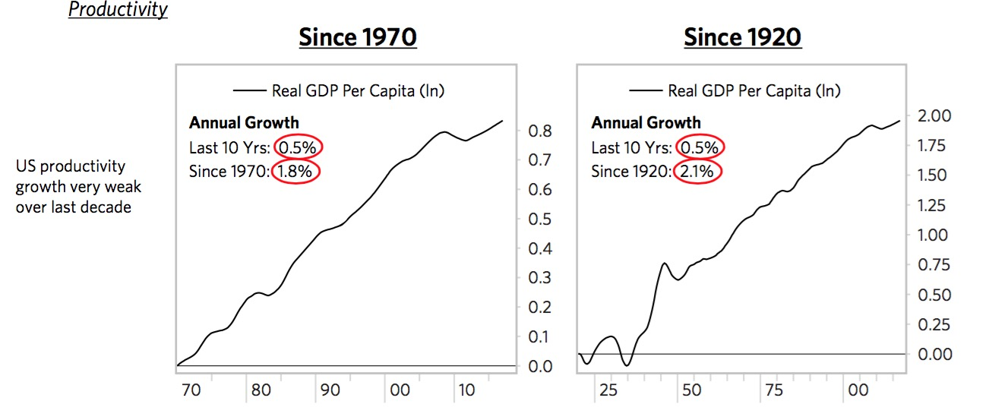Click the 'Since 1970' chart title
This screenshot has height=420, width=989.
click(x=358, y=37)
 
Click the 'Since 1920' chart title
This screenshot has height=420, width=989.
click(x=742, y=37)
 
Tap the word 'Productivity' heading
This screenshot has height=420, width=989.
click(x=118, y=10)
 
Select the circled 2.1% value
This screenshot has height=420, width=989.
click(x=697, y=172)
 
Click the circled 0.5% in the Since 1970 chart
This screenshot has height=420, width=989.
click(x=299, y=147)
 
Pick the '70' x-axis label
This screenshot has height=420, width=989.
click(x=191, y=391)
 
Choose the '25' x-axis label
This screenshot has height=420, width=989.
click(x=608, y=391)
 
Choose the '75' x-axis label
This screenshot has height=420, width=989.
click(x=775, y=391)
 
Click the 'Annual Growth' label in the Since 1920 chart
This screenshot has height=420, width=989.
click(x=646, y=123)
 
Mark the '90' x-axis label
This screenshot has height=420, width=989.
click(x=330, y=391)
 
